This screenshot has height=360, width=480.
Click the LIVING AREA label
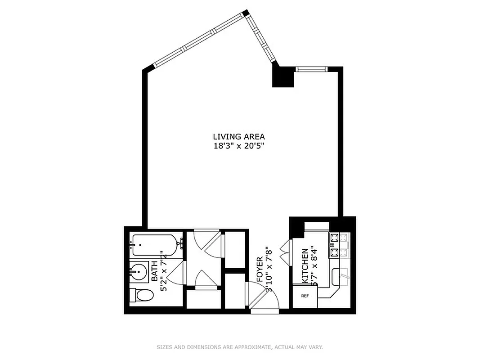click(239, 136)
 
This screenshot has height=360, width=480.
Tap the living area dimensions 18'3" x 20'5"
click(239, 145)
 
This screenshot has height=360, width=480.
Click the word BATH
click(155, 272)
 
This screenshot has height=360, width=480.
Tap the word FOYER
click(260, 269)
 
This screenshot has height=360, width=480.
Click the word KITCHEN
click(305, 266)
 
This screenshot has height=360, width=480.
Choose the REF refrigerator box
click(305, 296)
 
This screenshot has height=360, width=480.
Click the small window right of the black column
click(311, 69)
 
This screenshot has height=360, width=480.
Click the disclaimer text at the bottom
click(239, 347)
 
